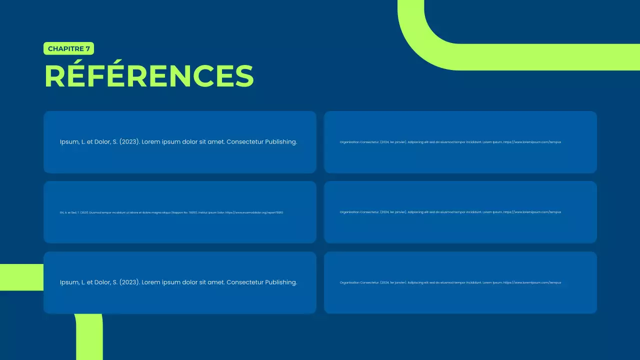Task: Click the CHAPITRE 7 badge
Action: (x=69, y=48)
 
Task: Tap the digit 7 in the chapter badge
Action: (x=88, y=48)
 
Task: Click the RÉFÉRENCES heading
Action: (x=149, y=76)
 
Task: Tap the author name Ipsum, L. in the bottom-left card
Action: (x=73, y=282)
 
